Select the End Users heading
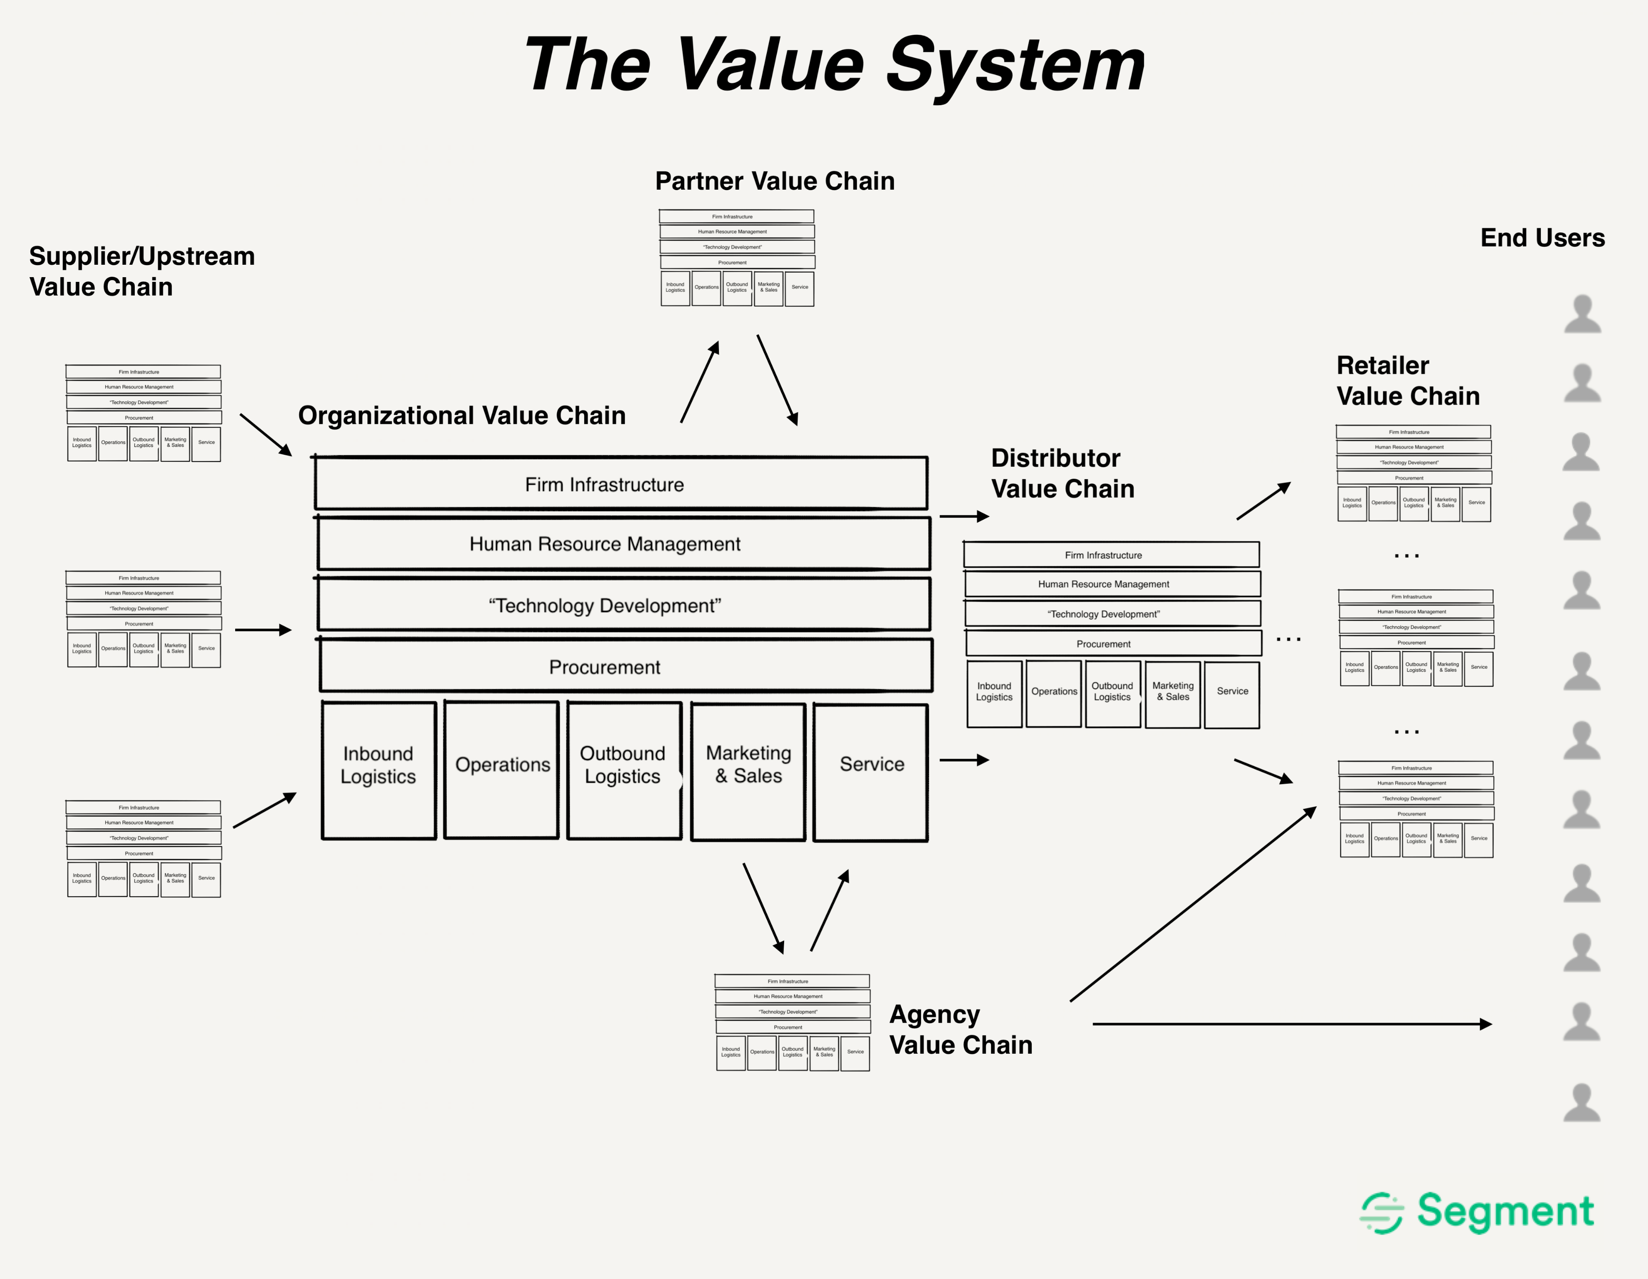pos(1542,238)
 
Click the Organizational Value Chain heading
pos(462,416)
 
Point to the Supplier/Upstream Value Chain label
pos(142,272)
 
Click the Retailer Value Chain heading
pos(1407,381)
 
